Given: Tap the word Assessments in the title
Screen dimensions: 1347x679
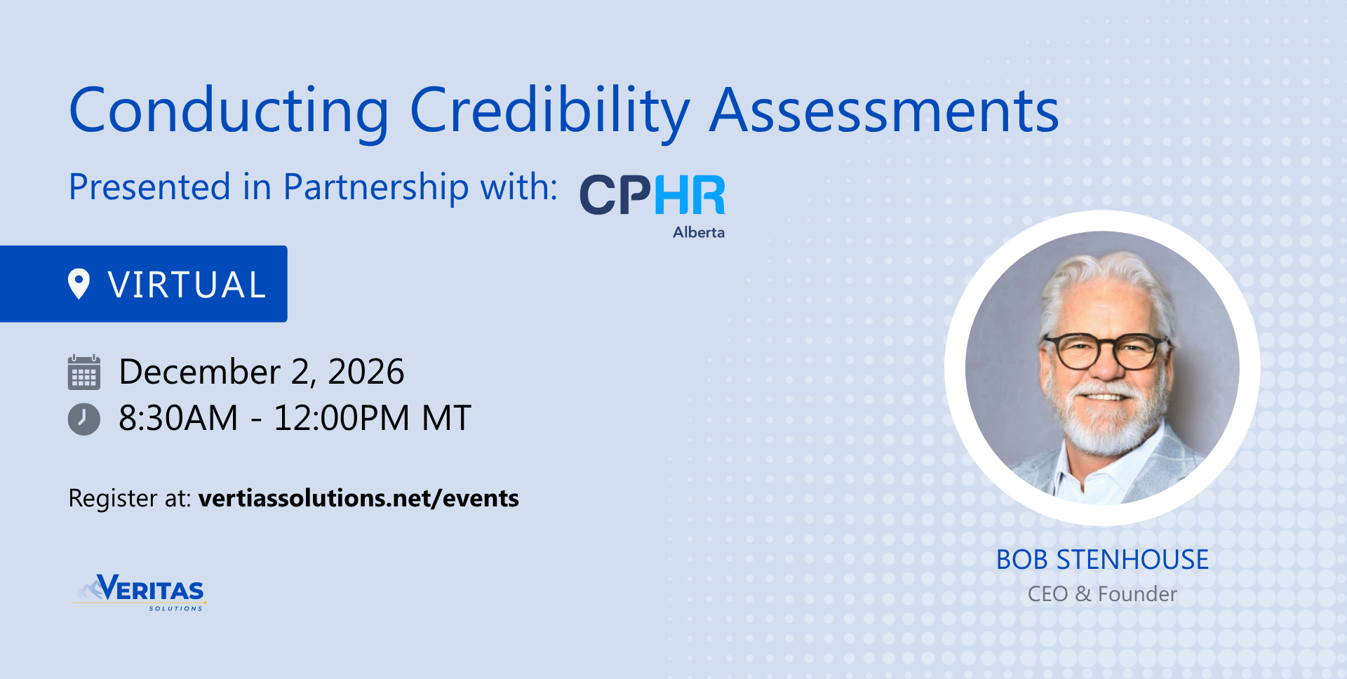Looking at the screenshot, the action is (885, 110).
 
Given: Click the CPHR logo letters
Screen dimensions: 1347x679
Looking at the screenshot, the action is (652, 195).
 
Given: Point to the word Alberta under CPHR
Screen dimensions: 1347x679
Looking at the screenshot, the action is (699, 232).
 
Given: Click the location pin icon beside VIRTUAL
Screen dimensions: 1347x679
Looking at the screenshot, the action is (79, 284).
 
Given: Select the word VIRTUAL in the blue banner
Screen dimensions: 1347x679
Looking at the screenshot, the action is (187, 285).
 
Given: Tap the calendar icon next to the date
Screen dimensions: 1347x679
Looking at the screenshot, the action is (84, 372).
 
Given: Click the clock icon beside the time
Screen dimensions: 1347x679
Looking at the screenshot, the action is (84, 419).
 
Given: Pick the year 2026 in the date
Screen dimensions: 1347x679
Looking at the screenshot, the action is (366, 372).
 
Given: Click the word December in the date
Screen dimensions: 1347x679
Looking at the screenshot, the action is (200, 372).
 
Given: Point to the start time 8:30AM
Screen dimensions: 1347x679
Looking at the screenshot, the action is (179, 418).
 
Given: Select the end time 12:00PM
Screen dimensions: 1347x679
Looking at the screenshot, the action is (342, 418).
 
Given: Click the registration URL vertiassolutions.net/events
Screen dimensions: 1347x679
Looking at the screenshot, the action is (358, 498).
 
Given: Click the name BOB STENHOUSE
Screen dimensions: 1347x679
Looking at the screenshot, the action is (1102, 560).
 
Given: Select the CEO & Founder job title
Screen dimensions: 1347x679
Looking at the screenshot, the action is (1102, 594).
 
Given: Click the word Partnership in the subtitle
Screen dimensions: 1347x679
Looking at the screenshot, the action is (376, 188).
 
